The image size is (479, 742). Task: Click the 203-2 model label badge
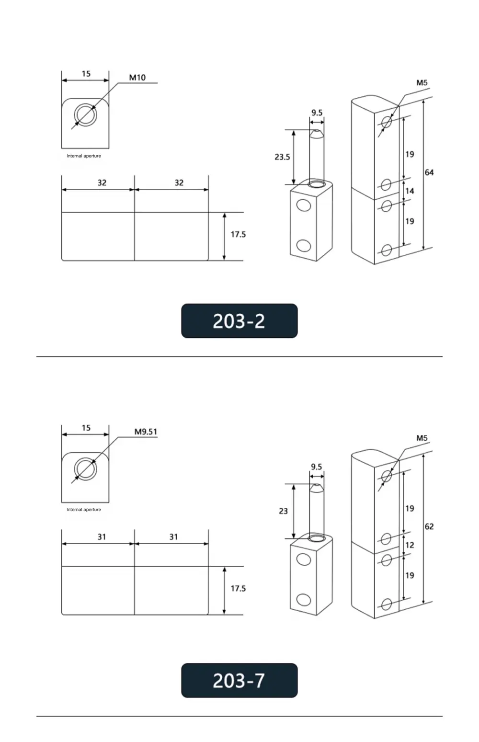pos(239,321)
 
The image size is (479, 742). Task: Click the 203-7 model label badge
pos(239,680)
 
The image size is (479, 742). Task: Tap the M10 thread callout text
pos(137,78)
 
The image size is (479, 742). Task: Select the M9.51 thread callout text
pos(146,432)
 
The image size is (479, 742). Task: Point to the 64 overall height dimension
pos(429,172)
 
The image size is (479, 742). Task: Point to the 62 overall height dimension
pos(429,526)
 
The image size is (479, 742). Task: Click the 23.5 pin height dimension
pos(282,157)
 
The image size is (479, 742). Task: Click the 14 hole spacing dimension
pos(410,191)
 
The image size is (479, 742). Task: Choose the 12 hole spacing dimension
pos(410,545)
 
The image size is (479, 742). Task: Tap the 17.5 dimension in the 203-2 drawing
pos(238,234)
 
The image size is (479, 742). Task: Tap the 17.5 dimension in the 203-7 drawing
pos(238,588)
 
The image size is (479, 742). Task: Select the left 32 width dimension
pos(102,183)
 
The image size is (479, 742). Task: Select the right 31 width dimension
pos(173,537)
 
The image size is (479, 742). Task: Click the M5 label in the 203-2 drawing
pos(422,83)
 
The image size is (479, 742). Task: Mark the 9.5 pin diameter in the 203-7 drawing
pos(316,467)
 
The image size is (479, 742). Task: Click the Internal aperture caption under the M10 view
pos(84,156)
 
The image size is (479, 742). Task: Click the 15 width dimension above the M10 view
pos(86,74)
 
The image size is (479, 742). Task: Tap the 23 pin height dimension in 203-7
pos(283,511)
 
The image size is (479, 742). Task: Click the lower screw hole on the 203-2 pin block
pos(303,246)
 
